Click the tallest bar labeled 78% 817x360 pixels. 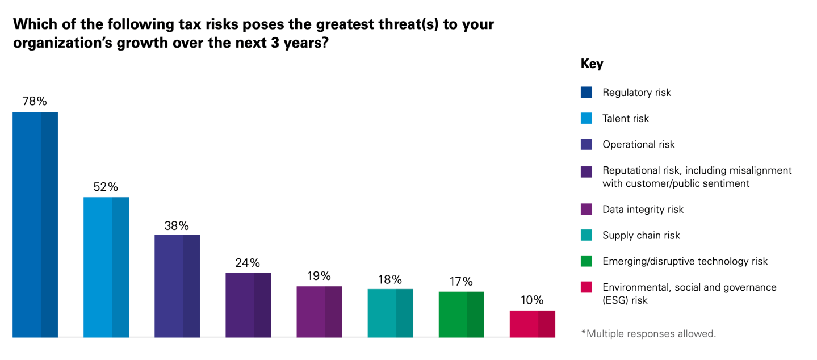[35, 224]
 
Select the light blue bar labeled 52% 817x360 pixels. [106, 267]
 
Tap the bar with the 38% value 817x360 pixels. [177, 286]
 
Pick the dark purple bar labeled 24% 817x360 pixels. [248, 305]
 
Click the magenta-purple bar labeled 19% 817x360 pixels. [319, 312]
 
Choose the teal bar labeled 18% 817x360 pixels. [390, 313]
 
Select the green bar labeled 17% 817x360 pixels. [461, 314]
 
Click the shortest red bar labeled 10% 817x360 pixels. [532, 324]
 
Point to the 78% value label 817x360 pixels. [35, 102]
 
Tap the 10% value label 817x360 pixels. [532, 300]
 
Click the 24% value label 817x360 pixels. [248, 263]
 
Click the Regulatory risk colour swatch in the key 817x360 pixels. [586, 92]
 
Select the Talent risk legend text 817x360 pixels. [625, 118]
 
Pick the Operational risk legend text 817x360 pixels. [638, 144]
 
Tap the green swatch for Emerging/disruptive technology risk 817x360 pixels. [586, 261]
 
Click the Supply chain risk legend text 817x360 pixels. [641, 235]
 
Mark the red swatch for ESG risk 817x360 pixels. [586, 287]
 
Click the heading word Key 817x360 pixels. [592, 64]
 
